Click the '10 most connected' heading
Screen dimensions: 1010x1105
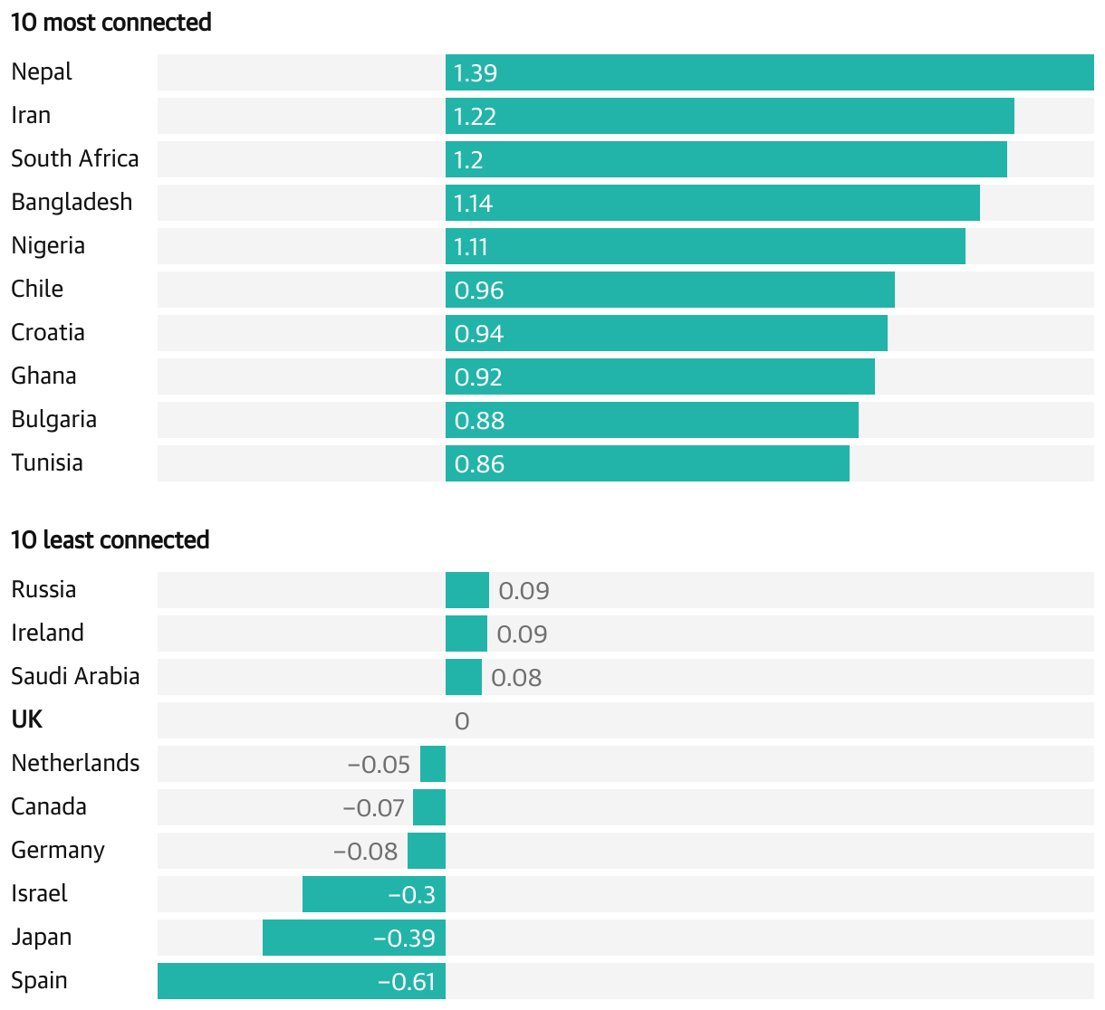click(110, 23)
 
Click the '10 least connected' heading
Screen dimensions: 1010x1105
click(110, 540)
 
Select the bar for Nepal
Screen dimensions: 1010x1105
click(770, 72)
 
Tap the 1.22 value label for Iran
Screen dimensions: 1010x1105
click(475, 117)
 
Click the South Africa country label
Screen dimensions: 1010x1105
click(75, 158)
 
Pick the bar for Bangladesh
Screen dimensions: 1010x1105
click(713, 203)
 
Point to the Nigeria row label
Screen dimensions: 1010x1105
click(48, 245)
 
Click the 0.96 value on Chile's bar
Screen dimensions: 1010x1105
click(479, 291)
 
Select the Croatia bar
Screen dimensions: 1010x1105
click(667, 333)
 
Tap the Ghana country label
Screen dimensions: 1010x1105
click(43, 376)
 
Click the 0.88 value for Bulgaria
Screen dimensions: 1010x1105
click(479, 421)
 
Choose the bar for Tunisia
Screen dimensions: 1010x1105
click(648, 463)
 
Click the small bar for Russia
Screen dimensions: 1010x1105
click(467, 590)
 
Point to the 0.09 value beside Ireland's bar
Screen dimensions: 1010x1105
click(522, 634)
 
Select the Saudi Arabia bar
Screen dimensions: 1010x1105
click(464, 677)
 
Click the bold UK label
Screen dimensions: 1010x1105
click(27, 719)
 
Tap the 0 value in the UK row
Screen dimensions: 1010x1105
click(462, 721)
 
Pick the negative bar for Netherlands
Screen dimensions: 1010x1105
click(433, 764)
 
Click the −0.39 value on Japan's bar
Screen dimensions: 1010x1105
click(404, 939)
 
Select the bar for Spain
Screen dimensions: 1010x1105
click(302, 981)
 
